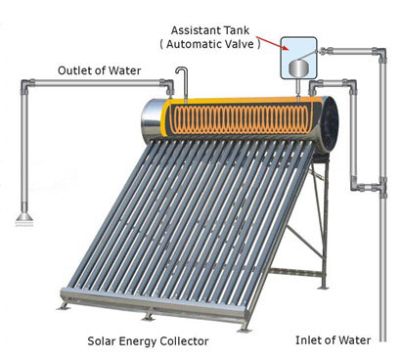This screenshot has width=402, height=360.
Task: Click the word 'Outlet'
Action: coord(76,70)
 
